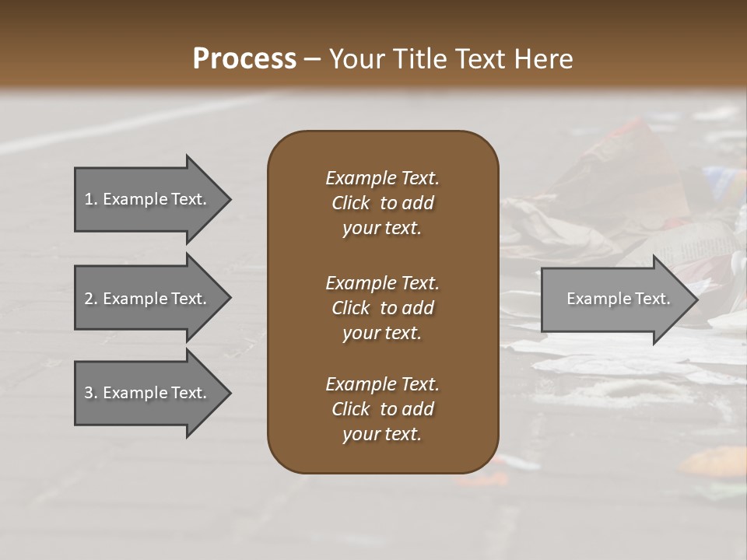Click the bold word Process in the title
coord(244,59)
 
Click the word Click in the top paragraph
coord(350,203)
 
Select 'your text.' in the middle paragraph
coord(381,333)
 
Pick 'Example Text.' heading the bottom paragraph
coord(382,384)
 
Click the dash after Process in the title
coord(312,60)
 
